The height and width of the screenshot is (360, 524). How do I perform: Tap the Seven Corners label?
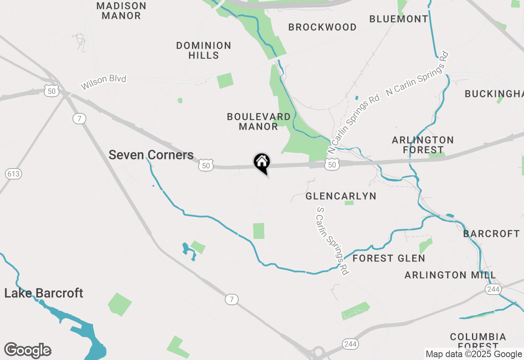click(151, 155)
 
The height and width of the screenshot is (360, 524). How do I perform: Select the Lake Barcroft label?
click(44, 293)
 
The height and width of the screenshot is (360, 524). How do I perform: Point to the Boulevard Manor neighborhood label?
click(259, 122)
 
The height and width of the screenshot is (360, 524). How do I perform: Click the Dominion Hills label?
click(203, 50)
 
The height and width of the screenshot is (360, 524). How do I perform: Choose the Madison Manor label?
click(121, 11)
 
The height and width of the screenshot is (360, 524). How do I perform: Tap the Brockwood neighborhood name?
click(322, 27)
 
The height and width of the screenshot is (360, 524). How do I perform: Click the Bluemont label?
click(399, 19)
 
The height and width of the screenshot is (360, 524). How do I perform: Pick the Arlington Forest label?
click(423, 145)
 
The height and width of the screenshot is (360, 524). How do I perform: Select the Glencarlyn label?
click(341, 196)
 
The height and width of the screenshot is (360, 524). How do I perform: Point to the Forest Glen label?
click(388, 259)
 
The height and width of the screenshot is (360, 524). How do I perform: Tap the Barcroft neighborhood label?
click(491, 234)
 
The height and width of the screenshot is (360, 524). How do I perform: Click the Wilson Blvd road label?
click(104, 82)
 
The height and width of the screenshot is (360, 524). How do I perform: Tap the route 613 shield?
click(13, 174)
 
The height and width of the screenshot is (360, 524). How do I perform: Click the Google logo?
click(28, 351)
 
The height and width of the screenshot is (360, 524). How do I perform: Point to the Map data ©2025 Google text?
click(474, 354)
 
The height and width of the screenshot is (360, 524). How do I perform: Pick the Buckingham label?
click(494, 94)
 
